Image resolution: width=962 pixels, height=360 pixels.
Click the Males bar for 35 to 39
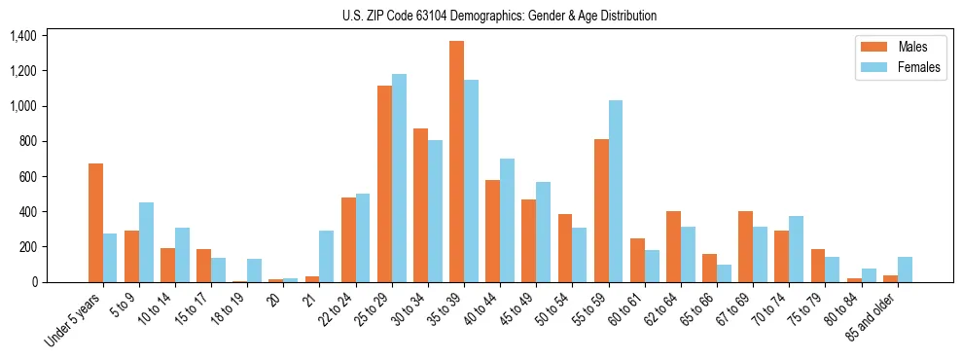click(x=456, y=162)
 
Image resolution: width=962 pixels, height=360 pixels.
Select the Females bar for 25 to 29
click(x=399, y=178)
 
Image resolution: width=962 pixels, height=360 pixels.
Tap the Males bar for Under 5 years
click(x=95, y=223)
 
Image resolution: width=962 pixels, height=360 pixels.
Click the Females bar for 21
click(x=327, y=257)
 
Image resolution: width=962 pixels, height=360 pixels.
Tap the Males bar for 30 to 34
click(x=420, y=205)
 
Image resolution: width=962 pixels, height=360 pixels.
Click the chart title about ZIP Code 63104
click(x=499, y=16)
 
